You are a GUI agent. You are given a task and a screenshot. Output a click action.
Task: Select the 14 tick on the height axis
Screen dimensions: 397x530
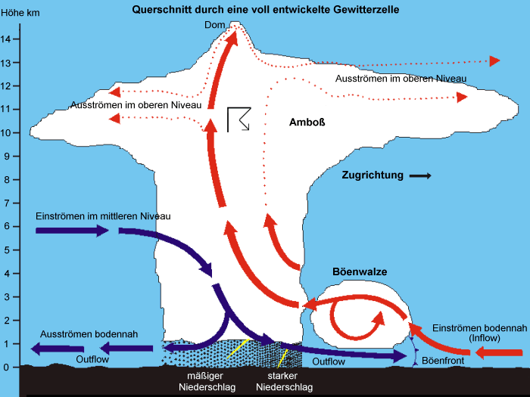coord(6,39)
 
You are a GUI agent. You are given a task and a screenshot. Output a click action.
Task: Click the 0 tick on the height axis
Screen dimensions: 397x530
coord(7,368)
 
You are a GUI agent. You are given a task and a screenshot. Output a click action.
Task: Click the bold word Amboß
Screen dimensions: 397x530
coord(307,122)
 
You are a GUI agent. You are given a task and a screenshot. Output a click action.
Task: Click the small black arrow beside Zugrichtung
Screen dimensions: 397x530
coord(419,175)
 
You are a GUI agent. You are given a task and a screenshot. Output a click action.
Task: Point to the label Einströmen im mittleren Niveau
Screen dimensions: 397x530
coord(103,216)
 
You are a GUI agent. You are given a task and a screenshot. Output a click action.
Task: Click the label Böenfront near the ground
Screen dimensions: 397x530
coord(443,361)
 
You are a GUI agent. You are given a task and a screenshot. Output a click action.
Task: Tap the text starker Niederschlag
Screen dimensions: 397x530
coord(284,382)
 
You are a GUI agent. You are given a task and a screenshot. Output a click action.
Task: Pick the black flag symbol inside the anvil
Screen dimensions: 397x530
coord(238,119)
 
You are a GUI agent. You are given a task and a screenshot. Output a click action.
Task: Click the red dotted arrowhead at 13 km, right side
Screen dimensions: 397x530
coord(495,60)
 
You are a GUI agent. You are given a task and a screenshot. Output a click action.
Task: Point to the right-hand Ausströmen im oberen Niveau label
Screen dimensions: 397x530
coord(401,78)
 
